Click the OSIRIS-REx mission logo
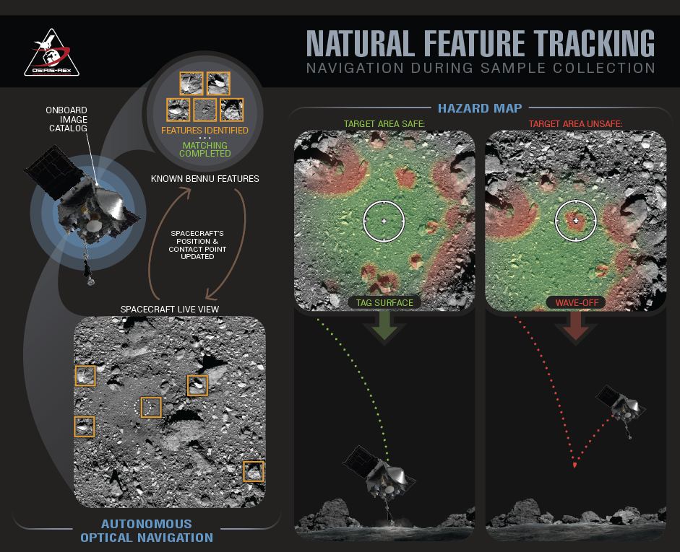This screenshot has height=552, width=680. pyautogui.click(x=51, y=53)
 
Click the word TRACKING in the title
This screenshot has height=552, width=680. pyautogui.click(x=594, y=43)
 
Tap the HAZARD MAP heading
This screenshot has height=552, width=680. pyautogui.click(x=480, y=108)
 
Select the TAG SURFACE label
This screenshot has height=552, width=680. pyautogui.click(x=384, y=302)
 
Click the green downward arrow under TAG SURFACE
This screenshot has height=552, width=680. pyautogui.click(x=384, y=327)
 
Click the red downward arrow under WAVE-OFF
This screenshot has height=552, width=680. pyautogui.click(x=576, y=327)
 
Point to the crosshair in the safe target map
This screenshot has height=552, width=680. pyautogui.click(x=384, y=221)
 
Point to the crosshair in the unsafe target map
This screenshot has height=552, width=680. pyautogui.click(x=576, y=221)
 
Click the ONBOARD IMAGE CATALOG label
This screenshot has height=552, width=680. pyautogui.click(x=68, y=119)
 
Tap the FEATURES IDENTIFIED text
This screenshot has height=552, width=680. pyautogui.click(x=205, y=131)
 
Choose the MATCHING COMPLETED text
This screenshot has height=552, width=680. pyautogui.click(x=205, y=149)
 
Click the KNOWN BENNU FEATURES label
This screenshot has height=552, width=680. pyautogui.click(x=205, y=178)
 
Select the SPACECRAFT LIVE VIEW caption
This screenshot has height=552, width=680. pyautogui.click(x=170, y=309)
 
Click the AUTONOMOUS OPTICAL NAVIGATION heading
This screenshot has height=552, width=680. pyautogui.click(x=147, y=531)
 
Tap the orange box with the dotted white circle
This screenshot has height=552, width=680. pyautogui.click(x=151, y=407)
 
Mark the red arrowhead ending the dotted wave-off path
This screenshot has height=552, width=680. pyautogui.click(x=574, y=465)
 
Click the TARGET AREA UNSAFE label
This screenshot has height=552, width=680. pyautogui.click(x=575, y=124)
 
